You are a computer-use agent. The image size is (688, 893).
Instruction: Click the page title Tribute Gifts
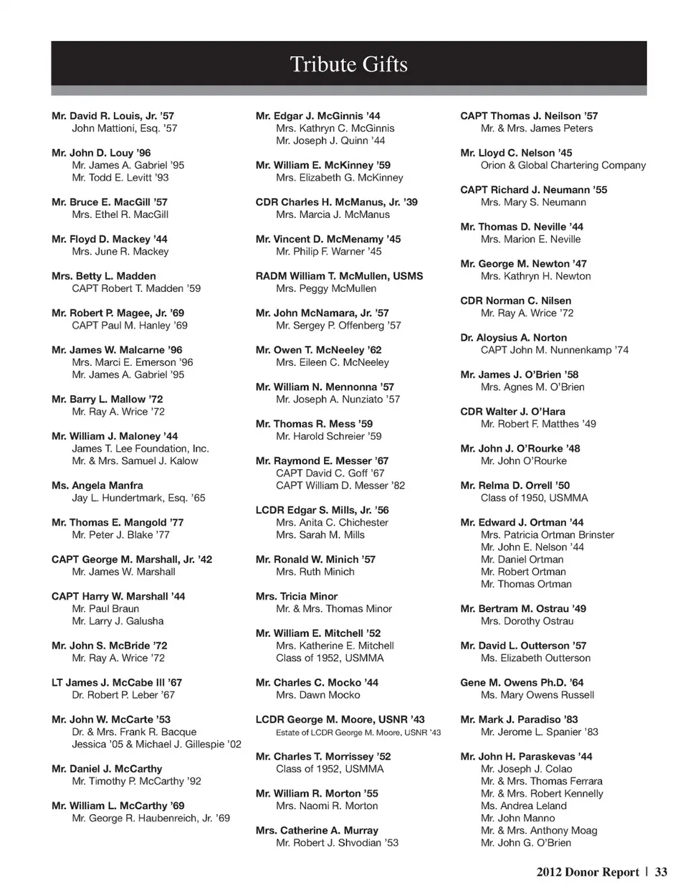[x=348, y=65]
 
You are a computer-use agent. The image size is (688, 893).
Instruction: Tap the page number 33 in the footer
[x=661, y=872]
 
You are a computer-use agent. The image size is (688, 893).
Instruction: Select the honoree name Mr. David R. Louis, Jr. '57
[x=113, y=115]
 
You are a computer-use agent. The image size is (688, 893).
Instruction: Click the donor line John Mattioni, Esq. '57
[x=124, y=128]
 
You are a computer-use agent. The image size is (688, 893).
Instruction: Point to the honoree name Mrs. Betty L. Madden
[x=103, y=276]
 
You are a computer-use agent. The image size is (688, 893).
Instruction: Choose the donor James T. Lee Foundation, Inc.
[x=140, y=448]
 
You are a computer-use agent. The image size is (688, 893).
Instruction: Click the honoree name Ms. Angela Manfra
[x=97, y=486]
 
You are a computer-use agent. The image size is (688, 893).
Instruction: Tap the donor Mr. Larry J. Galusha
[x=118, y=621]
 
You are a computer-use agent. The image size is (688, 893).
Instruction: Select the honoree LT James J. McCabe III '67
[x=117, y=683]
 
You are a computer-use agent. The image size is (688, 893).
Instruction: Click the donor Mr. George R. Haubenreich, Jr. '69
[x=150, y=818]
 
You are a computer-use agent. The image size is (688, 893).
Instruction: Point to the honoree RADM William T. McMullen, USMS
[x=339, y=276]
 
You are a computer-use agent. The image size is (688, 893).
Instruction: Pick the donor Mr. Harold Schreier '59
[x=328, y=436]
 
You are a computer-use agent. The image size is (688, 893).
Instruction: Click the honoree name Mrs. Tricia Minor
[x=296, y=596]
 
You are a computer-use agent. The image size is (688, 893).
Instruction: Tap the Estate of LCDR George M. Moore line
[x=358, y=732]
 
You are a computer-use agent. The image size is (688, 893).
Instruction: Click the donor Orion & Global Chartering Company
[x=563, y=165]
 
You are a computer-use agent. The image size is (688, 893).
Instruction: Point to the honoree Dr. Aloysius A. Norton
[x=513, y=338]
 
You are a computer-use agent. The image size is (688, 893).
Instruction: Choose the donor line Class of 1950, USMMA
[x=534, y=498]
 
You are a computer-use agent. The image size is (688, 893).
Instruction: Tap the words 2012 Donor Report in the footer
[x=587, y=872]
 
